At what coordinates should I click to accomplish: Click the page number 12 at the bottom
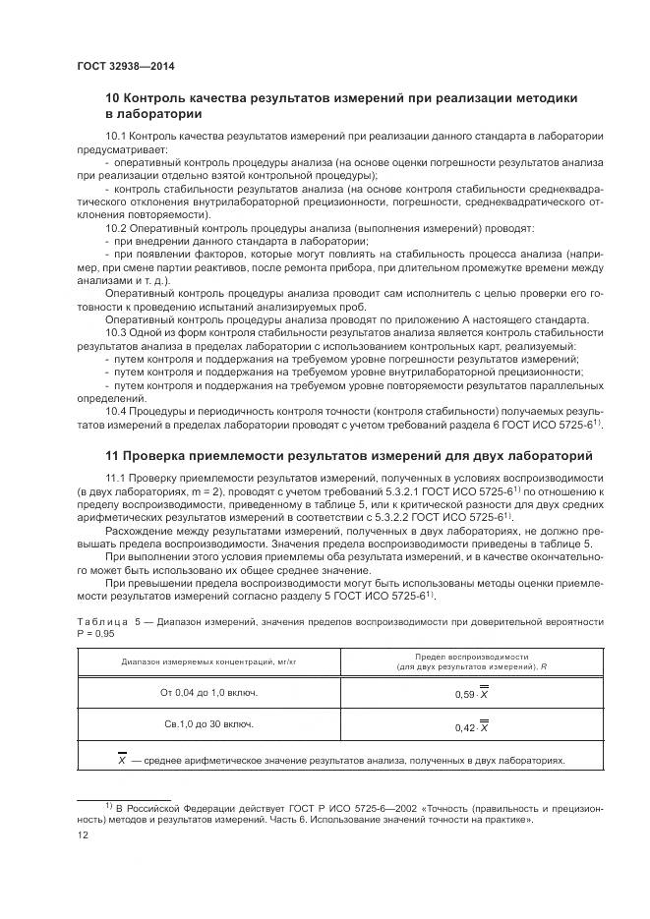click(83, 834)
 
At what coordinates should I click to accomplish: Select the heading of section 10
click(340, 105)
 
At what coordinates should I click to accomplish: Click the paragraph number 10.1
click(116, 134)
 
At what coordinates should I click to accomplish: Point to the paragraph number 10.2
click(116, 227)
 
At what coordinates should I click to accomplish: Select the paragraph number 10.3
click(116, 333)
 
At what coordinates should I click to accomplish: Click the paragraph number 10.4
click(116, 409)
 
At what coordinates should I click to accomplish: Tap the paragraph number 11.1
click(116, 477)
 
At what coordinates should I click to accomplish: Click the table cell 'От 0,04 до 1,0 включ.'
click(208, 692)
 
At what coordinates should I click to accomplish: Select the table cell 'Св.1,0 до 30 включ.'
click(208, 724)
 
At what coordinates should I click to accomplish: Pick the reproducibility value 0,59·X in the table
click(477, 693)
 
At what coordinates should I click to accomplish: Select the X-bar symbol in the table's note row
click(121, 759)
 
